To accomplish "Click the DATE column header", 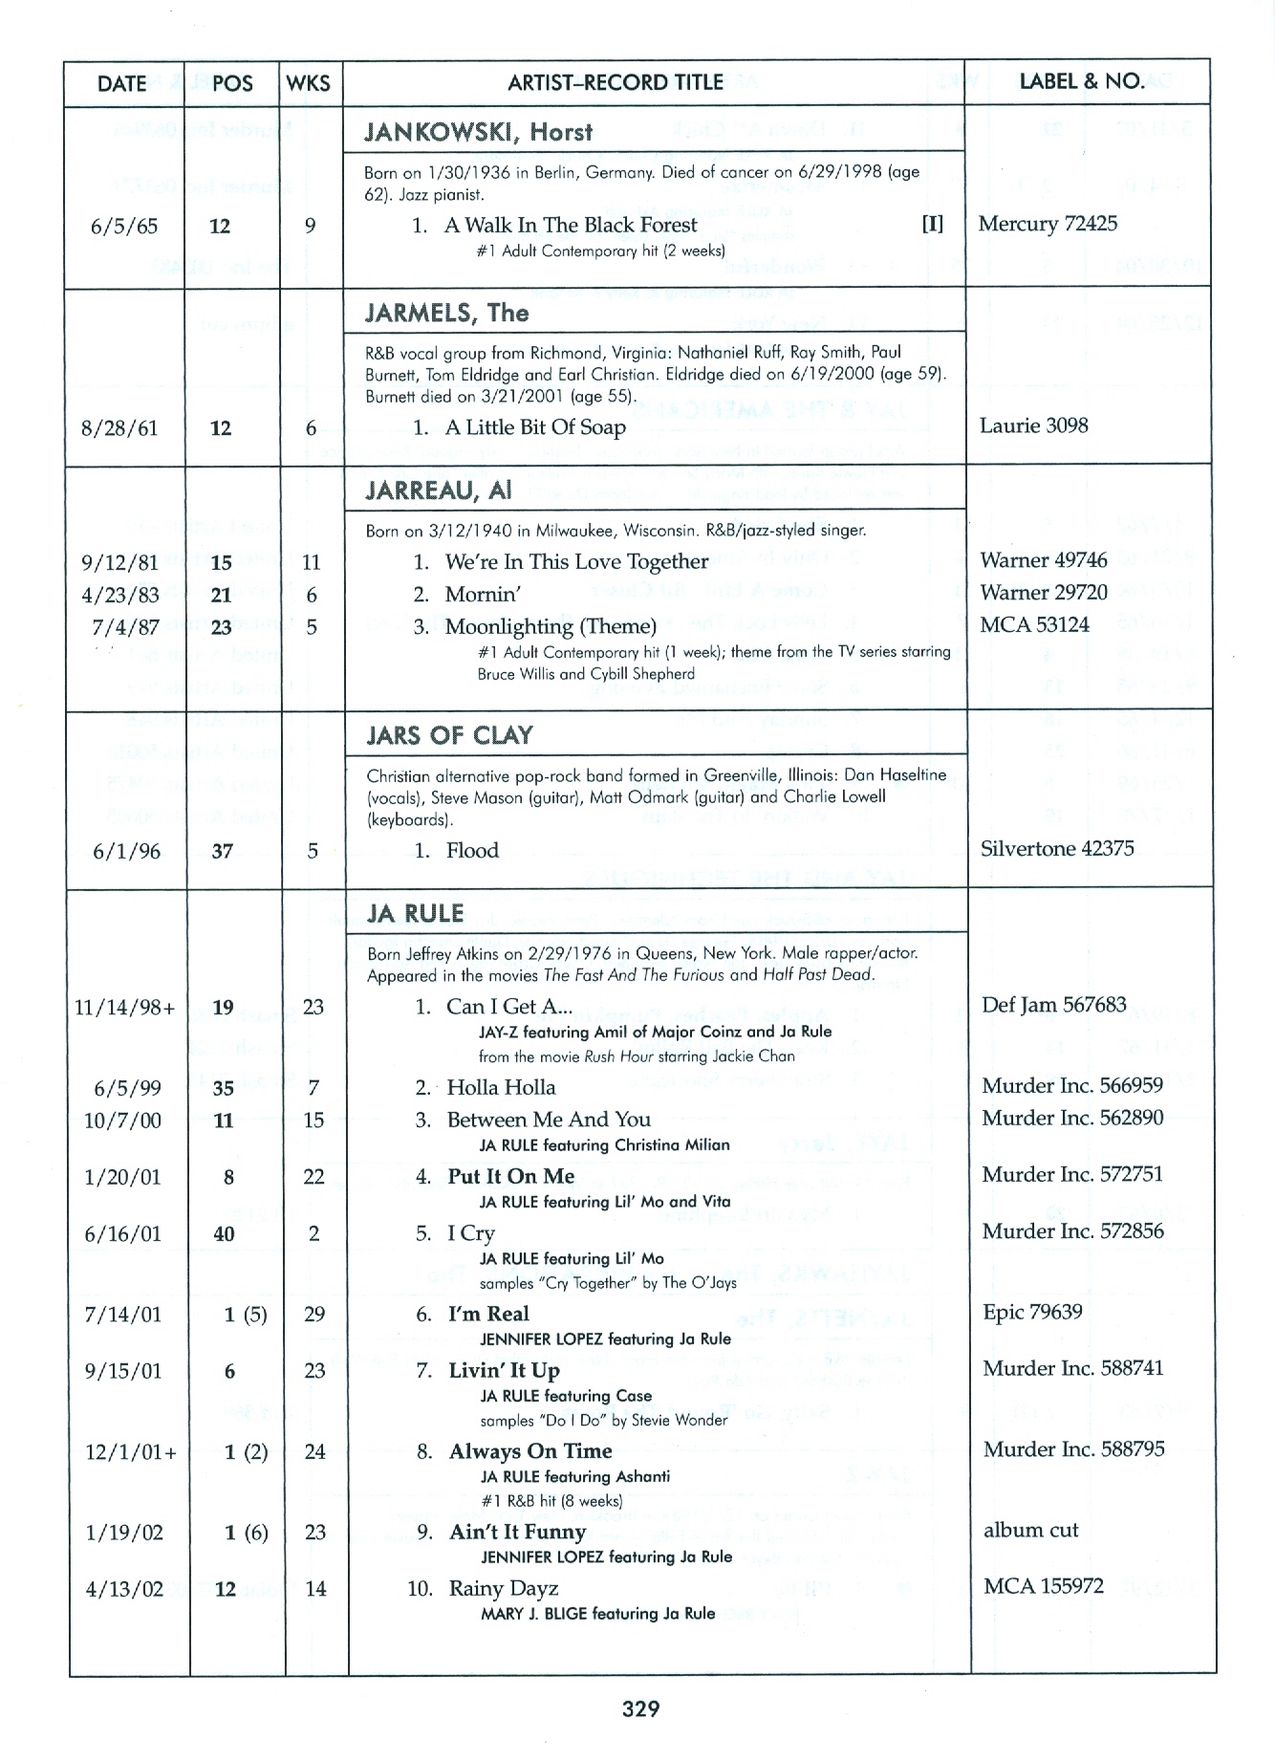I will [121, 83].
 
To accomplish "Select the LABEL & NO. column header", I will [1082, 81].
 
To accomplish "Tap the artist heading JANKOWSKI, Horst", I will [478, 132].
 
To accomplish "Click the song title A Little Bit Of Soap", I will [535, 427].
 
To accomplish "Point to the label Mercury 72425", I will [1048, 224].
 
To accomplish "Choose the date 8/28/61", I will [119, 428].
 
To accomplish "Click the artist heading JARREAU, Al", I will [439, 490].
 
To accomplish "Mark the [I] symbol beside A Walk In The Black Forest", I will [931, 224].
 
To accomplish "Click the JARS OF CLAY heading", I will [449, 735].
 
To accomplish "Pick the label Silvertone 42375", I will [1057, 848].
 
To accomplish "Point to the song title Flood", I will [472, 850].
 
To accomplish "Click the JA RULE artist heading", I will [415, 913].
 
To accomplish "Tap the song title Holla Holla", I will [501, 1087].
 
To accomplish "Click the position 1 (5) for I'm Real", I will [245, 1315].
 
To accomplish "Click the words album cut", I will [1030, 1530].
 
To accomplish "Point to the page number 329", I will [640, 1709].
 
